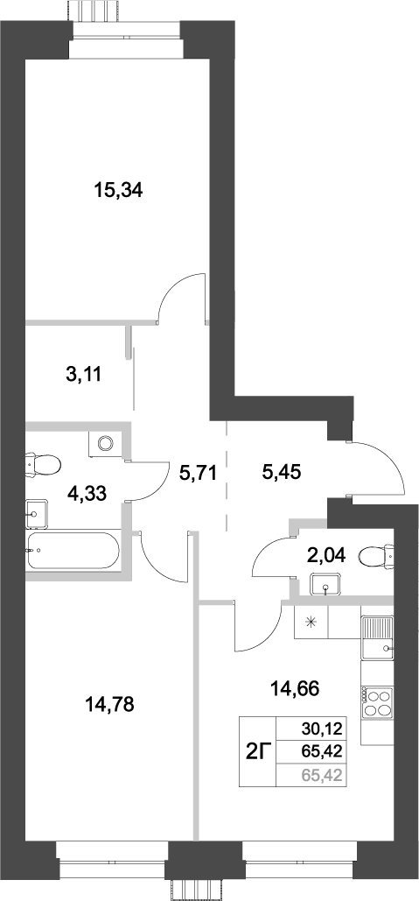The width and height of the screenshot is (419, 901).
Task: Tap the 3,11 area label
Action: [84, 375]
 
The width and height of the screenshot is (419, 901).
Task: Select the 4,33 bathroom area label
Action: [87, 493]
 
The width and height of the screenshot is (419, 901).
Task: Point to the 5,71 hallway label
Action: [197, 475]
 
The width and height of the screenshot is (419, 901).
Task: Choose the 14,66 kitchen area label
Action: [295, 687]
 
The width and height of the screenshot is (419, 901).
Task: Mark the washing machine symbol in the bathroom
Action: [106, 443]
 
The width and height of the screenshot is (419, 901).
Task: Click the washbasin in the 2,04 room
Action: [327, 586]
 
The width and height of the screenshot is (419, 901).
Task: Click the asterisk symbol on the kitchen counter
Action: [311, 623]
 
